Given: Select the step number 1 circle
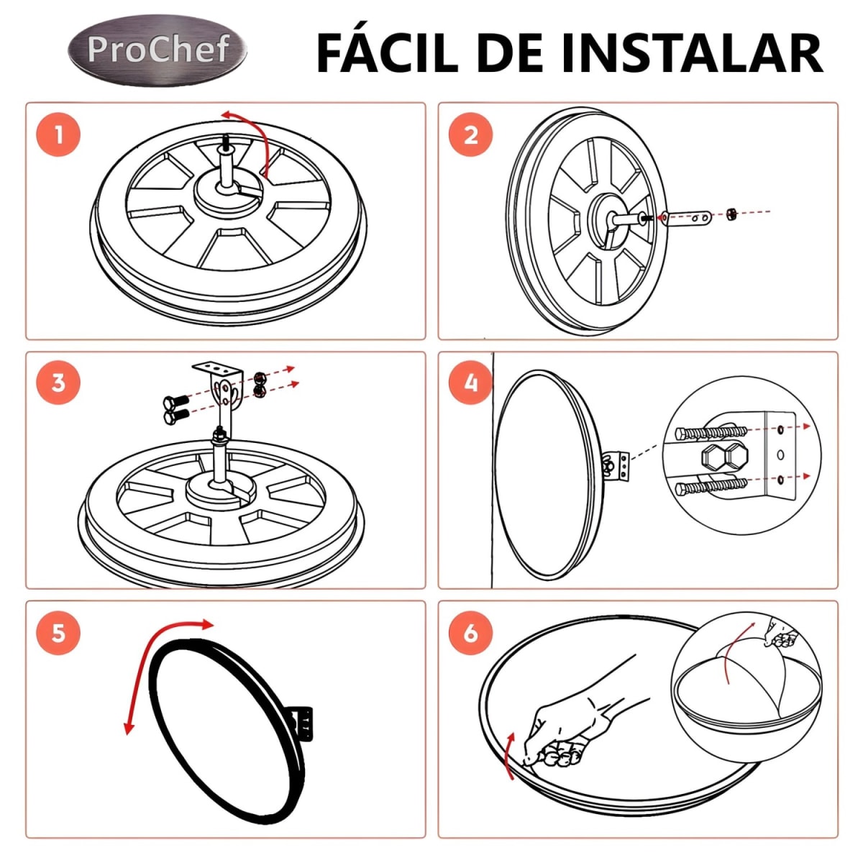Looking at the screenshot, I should click(x=58, y=134).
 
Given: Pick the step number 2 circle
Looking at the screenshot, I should click(x=470, y=134).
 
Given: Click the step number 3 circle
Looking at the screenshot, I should click(x=58, y=383).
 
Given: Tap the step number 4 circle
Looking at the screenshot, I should click(x=470, y=383).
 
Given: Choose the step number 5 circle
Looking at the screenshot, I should click(x=58, y=633).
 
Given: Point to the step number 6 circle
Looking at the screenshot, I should click(x=470, y=633).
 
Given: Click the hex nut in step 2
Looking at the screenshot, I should click(x=729, y=214).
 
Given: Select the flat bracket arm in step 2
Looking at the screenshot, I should click(x=686, y=216).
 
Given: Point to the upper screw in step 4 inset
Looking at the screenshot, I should click(x=708, y=433).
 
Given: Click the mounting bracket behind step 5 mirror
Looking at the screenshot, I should click(x=303, y=721).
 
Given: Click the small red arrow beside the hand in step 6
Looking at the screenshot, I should click(x=509, y=755).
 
